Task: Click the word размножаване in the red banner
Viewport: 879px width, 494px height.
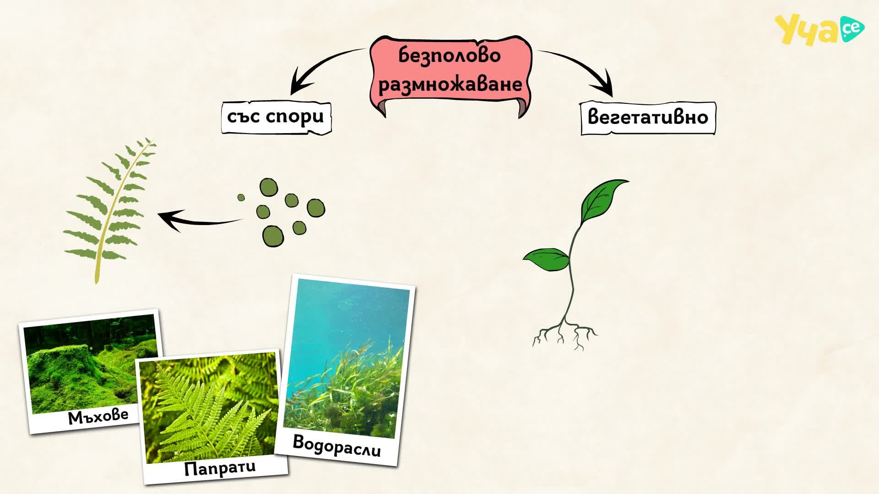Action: [450, 84]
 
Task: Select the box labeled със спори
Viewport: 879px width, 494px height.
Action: [276, 118]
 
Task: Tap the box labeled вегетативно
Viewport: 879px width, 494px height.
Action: [648, 118]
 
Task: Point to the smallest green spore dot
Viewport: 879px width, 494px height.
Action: [241, 198]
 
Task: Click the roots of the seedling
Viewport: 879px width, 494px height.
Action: [565, 334]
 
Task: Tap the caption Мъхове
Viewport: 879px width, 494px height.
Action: [98, 416]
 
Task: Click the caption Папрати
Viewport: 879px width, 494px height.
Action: [220, 468]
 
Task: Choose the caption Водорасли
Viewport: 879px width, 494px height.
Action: [336, 446]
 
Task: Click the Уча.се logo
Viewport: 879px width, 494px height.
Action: [819, 30]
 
